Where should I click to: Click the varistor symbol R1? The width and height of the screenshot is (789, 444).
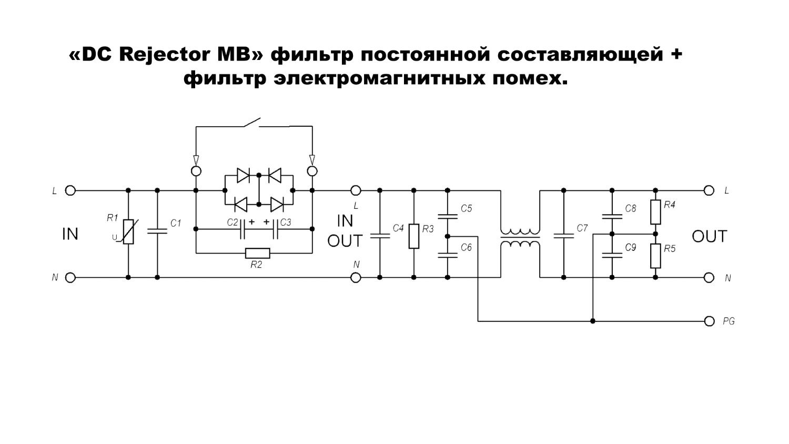pyautogui.click(x=128, y=233)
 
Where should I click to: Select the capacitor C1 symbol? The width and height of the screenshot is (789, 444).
pyautogui.click(x=157, y=230)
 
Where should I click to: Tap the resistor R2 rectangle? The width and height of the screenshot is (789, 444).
pyautogui.click(x=258, y=253)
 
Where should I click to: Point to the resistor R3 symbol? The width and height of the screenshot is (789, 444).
pyautogui.click(x=414, y=236)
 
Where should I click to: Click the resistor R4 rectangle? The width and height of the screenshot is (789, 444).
pyautogui.click(x=655, y=212)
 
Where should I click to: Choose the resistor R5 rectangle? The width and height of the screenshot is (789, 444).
pyautogui.click(x=655, y=256)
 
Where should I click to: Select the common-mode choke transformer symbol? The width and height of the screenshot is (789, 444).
pyautogui.click(x=520, y=237)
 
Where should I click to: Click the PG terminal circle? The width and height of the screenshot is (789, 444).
pyautogui.click(x=709, y=321)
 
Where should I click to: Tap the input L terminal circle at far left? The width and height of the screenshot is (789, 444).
pyautogui.click(x=70, y=190)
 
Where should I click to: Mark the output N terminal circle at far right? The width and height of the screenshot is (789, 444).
pyautogui.click(x=709, y=277)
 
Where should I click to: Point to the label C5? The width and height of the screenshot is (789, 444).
pyautogui.click(x=466, y=209)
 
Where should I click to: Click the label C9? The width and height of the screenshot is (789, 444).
pyautogui.click(x=631, y=247)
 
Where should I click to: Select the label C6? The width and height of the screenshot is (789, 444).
pyautogui.click(x=466, y=247)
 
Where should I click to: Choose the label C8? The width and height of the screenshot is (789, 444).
pyautogui.click(x=631, y=209)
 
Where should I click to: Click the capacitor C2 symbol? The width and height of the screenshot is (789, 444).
pyautogui.click(x=243, y=229)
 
